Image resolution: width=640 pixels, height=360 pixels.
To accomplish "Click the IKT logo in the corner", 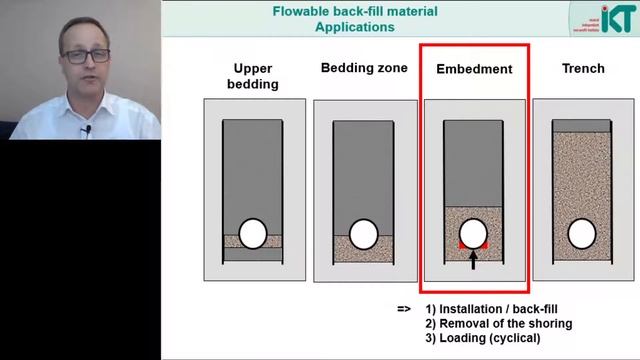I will point(612,21).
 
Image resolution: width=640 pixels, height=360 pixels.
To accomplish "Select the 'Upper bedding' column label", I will point(252,76).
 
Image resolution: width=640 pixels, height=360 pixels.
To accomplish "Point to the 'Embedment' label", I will point(474,69).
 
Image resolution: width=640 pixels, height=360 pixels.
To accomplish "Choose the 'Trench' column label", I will point(583,68).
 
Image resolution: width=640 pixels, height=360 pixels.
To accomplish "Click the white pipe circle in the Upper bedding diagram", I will point(252,234).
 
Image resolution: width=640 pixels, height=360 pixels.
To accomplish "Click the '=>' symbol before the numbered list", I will point(404,308).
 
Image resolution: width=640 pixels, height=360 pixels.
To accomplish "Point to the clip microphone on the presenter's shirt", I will point(87,130).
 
